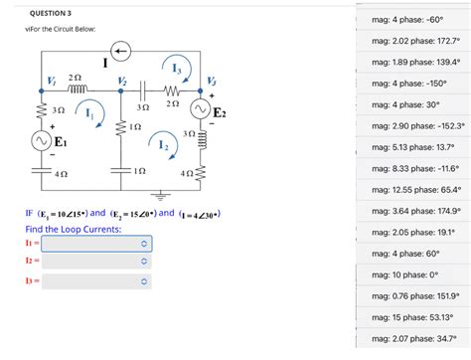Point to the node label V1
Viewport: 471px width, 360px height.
tap(51, 80)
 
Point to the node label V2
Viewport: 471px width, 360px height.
tap(121, 80)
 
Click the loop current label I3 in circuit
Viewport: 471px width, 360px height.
tap(176, 69)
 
